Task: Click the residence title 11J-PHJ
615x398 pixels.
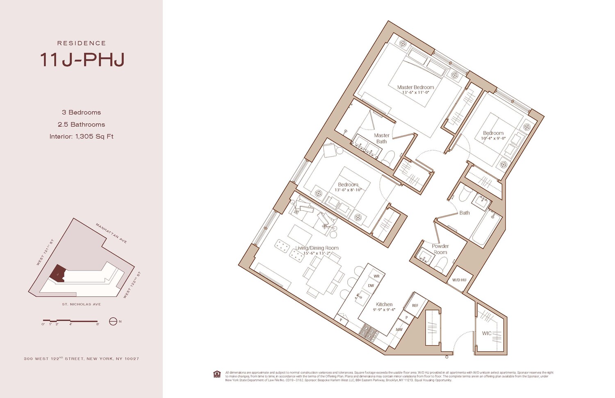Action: click(82, 60)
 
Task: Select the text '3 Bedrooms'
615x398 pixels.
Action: click(81, 112)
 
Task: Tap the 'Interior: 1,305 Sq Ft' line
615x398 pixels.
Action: click(81, 136)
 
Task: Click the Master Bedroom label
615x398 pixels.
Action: click(415, 87)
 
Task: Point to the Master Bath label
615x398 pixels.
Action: click(381, 139)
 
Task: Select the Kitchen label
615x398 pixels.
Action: click(384, 305)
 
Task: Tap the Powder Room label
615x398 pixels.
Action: click(440, 249)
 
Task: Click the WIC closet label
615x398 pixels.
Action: click(487, 333)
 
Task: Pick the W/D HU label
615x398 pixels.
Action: click(459, 280)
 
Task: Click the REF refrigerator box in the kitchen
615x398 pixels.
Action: click(415, 305)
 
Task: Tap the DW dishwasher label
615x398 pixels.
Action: click(371, 286)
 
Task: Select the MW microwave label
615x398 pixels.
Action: click(399, 330)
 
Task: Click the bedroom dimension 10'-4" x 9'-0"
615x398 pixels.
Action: click(493, 139)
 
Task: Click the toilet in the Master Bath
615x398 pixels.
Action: click(388, 158)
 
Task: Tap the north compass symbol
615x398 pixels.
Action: click(113, 321)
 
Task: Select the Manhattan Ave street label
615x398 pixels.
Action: click(111, 233)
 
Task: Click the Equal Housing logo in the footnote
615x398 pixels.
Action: click(217, 374)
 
